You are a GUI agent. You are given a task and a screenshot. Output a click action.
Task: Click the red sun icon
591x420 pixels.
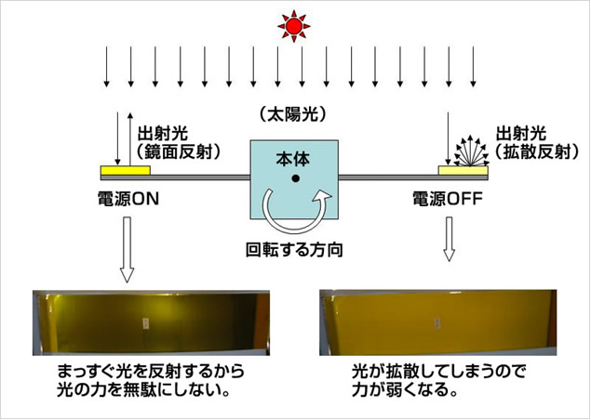click(294, 26)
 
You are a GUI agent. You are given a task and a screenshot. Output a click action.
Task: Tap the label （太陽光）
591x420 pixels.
click(293, 114)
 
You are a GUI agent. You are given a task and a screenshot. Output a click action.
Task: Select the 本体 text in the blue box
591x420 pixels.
click(293, 159)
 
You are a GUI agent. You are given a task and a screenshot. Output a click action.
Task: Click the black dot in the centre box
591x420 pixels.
click(296, 178)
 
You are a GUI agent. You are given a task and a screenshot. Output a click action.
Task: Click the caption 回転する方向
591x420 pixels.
click(294, 250)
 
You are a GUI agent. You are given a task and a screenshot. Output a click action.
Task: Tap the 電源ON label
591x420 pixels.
click(128, 199)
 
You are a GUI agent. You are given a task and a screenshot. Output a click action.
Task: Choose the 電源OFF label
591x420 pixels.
click(448, 199)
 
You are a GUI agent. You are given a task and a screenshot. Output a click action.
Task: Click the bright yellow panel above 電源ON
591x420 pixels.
click(126, 170)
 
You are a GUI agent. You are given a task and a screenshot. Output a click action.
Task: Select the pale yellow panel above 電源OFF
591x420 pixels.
click(463, 170)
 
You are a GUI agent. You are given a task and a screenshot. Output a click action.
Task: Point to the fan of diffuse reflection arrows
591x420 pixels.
click(471, 151)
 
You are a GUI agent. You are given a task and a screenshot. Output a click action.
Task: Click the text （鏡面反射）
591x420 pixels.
click(178, 151)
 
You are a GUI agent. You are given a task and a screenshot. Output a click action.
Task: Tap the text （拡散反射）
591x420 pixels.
click(536, 151)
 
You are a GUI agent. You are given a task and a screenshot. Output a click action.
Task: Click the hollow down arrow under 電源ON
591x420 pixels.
click(127, 250)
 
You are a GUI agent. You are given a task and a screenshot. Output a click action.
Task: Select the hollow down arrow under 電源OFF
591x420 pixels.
click(449, 239)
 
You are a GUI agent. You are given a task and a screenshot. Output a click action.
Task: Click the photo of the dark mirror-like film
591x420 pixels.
click(151, 323)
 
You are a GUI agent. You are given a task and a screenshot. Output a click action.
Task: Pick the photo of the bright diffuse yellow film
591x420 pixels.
click(438, 322)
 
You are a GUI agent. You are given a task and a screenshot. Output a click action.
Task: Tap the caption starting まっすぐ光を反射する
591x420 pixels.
click(151, 381)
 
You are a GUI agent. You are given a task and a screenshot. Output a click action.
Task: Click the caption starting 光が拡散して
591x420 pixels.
click(438, 380)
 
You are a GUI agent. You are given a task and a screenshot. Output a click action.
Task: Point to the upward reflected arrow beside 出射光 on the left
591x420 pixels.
click(130, 138)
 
